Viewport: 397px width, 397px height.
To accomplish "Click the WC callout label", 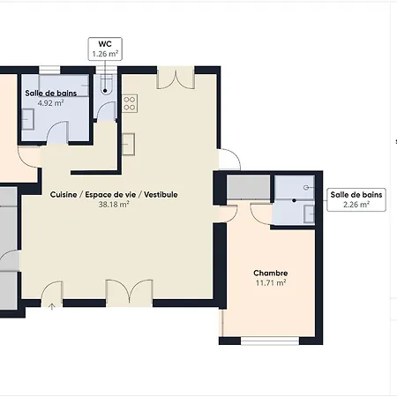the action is [105, 49].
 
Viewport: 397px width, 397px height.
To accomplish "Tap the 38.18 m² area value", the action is [114, 205].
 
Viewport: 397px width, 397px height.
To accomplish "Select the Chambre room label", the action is [271, 273].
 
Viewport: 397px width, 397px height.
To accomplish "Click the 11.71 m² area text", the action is [271, 283].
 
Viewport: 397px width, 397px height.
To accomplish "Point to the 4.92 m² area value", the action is [50, 103].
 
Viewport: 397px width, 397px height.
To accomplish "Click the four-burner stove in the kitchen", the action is [130, 103].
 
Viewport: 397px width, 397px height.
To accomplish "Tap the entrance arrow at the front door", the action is [51, 307].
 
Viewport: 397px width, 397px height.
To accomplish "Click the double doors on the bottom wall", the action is [130, 293].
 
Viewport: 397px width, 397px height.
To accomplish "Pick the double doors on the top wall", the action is [176, 78].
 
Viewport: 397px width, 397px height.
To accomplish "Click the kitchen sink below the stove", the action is [129, 144].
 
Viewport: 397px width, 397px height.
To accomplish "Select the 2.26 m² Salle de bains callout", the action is [356, 199].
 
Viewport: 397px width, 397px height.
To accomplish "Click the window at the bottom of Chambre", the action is [270, 341].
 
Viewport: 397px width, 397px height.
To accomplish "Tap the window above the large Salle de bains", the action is [49, 70].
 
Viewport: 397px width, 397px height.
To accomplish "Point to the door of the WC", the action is [106, 111].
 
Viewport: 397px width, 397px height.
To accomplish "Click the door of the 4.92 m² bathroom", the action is [57, 132].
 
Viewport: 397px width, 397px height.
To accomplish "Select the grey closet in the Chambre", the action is [248, 187].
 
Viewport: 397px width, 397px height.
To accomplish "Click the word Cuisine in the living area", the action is [64, 195].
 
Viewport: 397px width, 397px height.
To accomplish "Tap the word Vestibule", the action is [161, 195].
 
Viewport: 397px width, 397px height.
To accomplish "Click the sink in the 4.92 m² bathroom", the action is [28, 119].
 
